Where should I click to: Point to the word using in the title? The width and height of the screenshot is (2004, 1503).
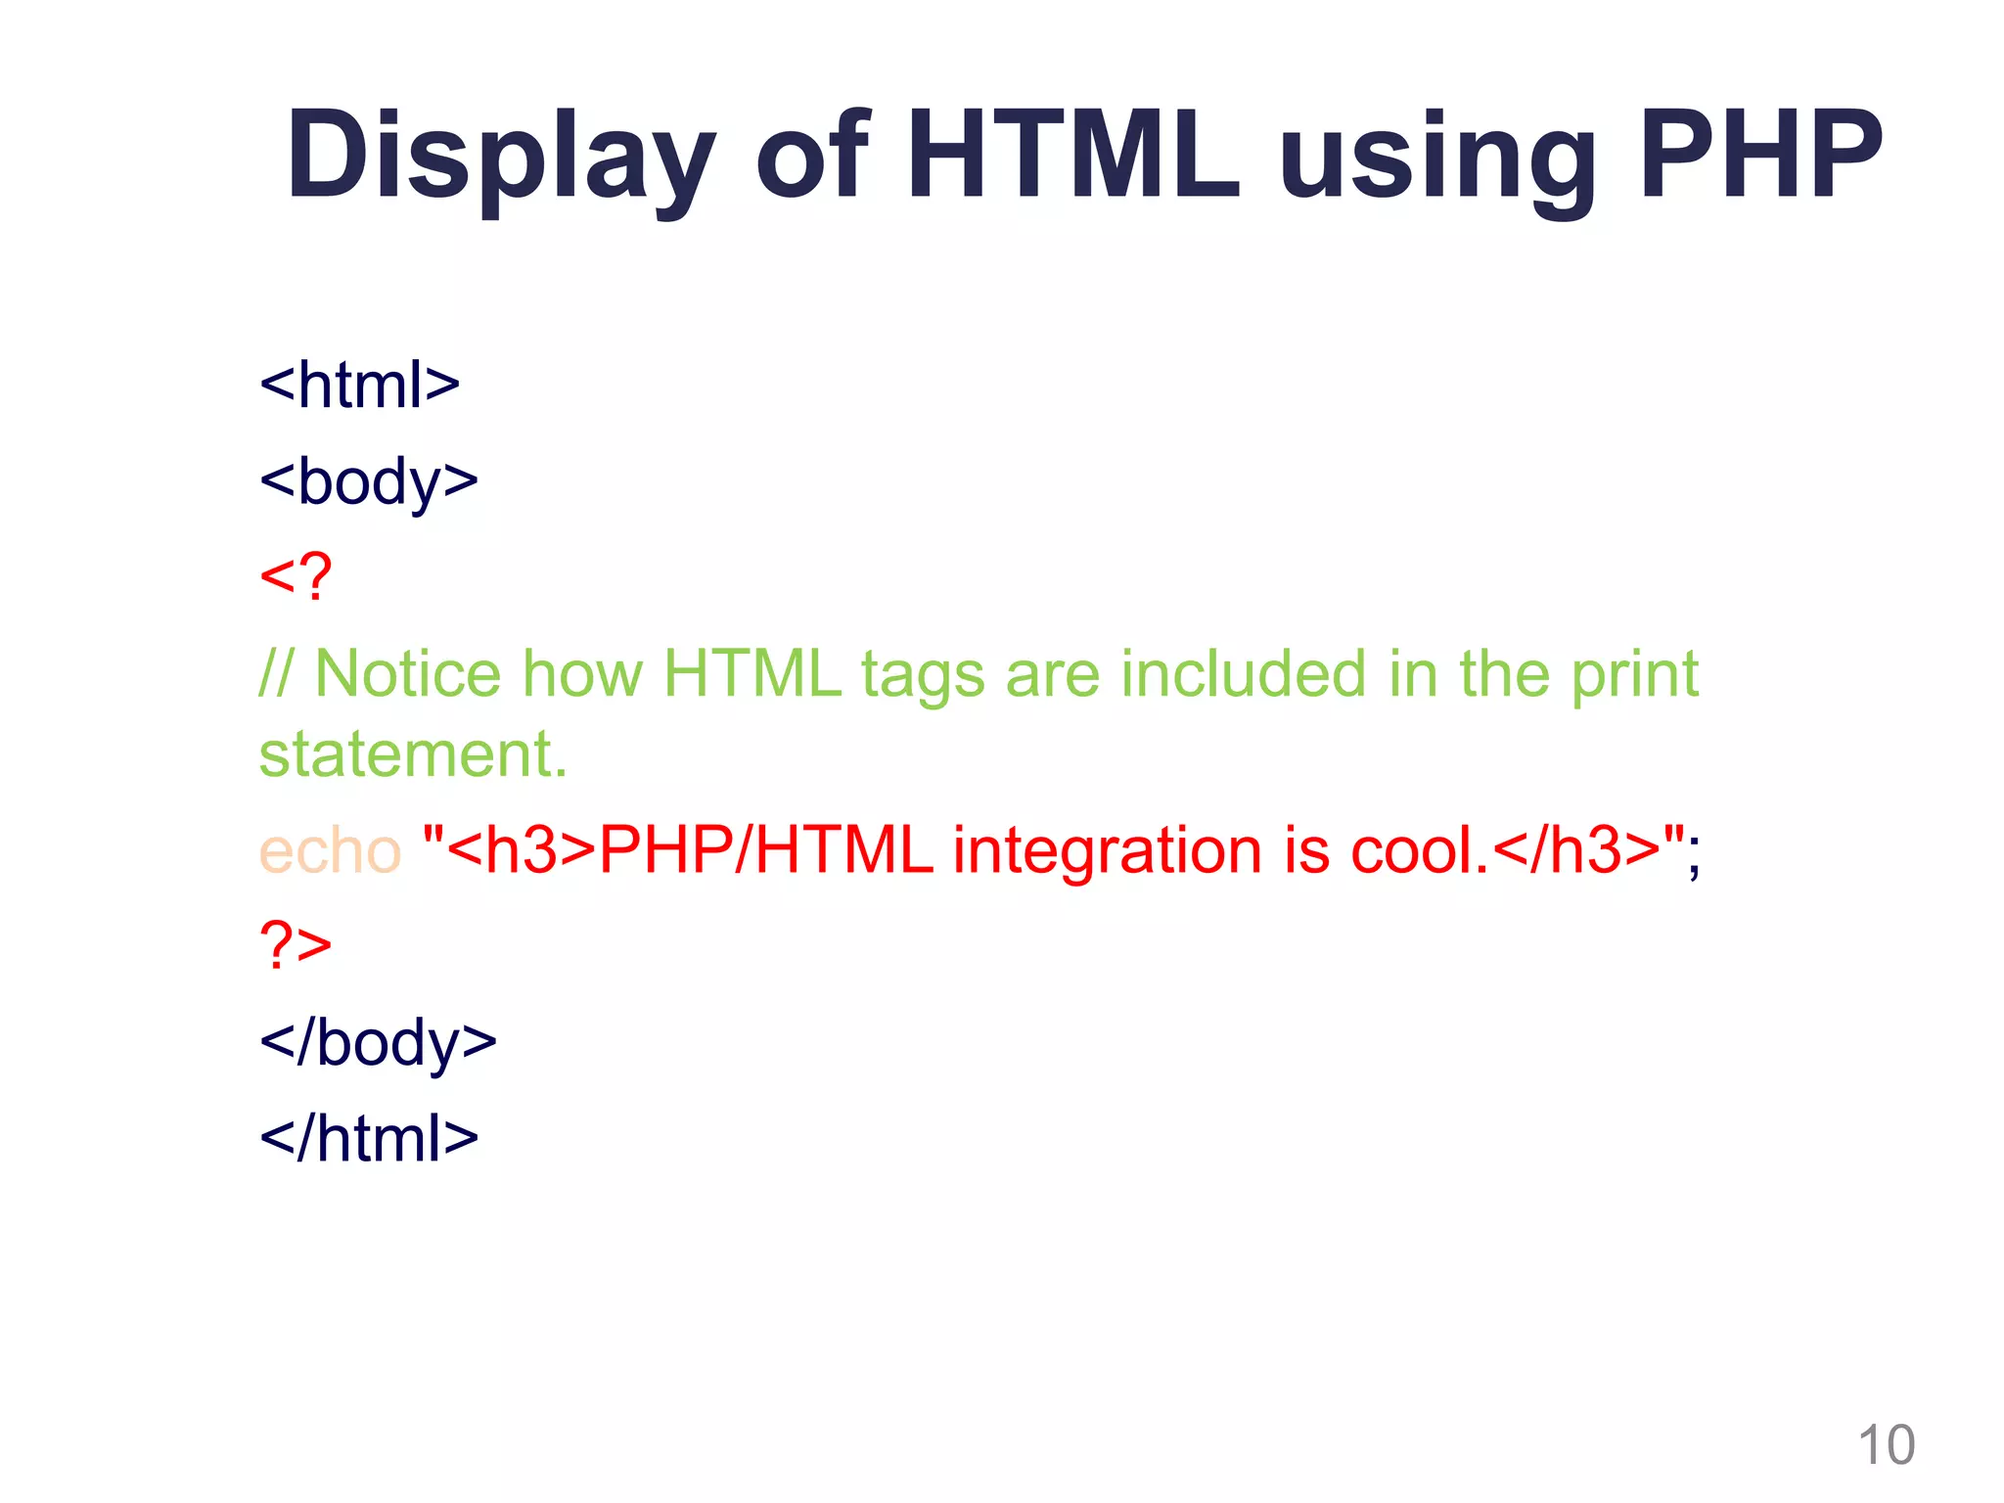[1437, 161]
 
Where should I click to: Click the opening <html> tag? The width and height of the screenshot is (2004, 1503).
[359, 385]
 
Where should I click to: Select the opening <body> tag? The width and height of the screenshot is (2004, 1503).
[369, 481]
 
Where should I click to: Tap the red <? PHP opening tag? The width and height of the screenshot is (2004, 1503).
[296, 576]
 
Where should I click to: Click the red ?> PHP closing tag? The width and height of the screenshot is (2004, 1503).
[296, 945]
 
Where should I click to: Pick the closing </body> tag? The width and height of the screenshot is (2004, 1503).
[378, 1042]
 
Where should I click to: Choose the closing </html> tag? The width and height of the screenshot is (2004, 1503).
[369, 1138]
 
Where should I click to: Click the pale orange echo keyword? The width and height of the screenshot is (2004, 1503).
[330, 850]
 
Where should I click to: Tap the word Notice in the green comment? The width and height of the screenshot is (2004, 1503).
[407, 674]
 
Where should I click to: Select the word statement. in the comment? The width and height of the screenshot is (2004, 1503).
[413, 754]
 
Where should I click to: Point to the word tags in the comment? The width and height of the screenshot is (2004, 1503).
[922, 676]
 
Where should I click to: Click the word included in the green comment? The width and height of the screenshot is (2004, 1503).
[1242, 674]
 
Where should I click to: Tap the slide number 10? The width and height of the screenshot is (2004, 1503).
[1886, 1445]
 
